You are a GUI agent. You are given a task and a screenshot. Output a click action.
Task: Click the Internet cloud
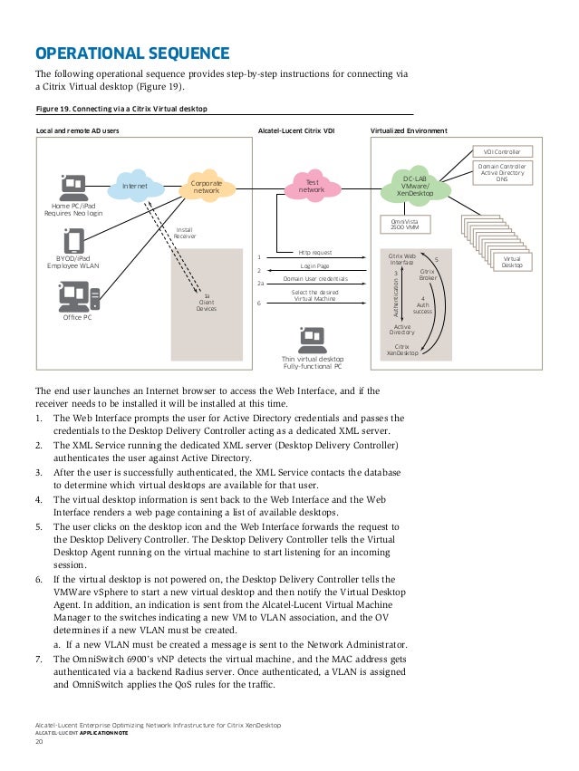click(135, 187)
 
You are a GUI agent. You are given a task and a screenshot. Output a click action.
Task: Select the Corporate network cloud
click(207, 187)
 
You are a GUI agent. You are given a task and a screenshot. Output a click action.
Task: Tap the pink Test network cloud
click(311, 187)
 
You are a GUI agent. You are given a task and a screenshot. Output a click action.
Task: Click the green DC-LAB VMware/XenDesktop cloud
click(415, 187)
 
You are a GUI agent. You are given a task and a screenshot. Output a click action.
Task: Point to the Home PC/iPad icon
click(73, 188)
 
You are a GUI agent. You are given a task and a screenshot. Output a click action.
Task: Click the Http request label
click(315, 252)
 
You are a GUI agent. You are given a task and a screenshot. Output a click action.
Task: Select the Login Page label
click(314, 265)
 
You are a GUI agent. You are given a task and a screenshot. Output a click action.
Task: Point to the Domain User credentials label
click(315, 279)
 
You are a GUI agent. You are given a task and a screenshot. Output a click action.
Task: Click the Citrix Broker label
click(428, 274)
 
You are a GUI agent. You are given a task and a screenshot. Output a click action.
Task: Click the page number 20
click(39, 742)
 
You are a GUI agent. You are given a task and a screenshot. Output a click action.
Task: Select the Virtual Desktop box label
click(512, 262)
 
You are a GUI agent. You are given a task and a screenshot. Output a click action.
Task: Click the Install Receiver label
click(186, 234)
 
